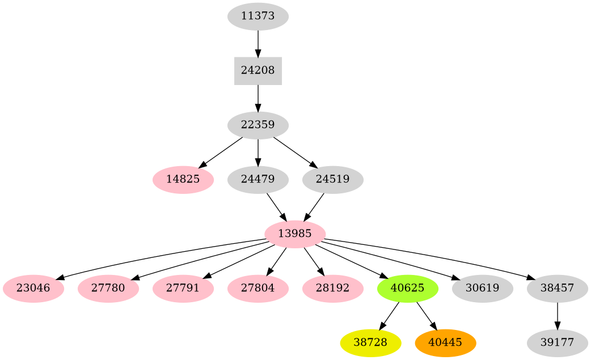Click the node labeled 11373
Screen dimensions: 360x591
click(258, 16)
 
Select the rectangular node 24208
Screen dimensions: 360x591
click(258, 71)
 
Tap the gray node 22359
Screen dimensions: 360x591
click(258, 125)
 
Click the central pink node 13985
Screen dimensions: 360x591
click(295, 234)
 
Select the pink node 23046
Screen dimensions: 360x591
click(33, 288)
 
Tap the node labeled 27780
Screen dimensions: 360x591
click(108, 288)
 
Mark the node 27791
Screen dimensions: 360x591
click(183, 288)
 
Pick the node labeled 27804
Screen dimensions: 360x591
click(258, 288)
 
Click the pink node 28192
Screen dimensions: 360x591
click(333, 288)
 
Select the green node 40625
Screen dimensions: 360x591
click(408, 288)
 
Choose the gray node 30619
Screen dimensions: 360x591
click(483, 288)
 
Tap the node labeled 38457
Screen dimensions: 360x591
click(558, 288)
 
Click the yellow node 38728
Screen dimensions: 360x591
click(371, 342)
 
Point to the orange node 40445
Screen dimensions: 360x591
click(445, 342)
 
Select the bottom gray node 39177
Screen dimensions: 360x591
click(558, 342)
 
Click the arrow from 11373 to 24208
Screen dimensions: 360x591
click(258, 43)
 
